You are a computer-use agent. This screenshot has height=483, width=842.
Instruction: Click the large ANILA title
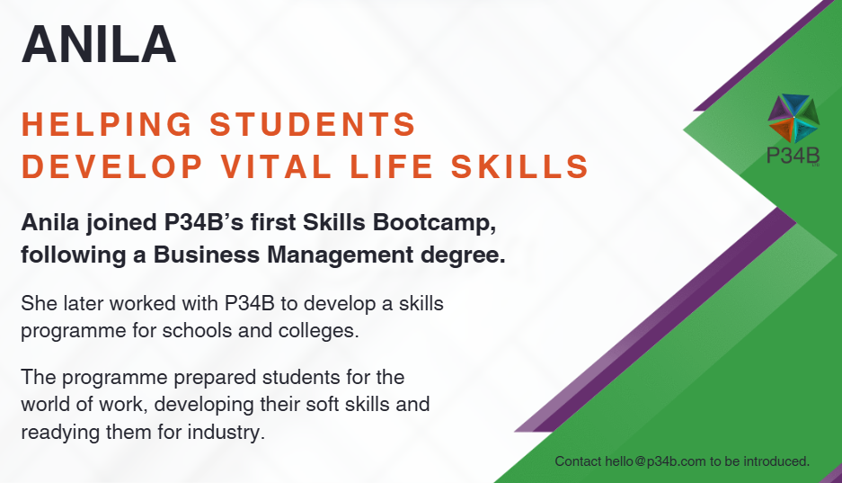(x=99, y=45)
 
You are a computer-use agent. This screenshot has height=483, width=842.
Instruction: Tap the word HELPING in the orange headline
(x=107, y=124)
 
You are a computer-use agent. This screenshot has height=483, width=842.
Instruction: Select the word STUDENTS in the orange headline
(x=313, y=124)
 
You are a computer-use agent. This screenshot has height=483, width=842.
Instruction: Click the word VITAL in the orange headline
(x=277, y=166)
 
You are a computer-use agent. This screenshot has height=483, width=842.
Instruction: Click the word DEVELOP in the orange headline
(x=112, y=166)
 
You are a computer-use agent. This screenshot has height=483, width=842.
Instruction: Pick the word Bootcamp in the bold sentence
(x=434, y=222)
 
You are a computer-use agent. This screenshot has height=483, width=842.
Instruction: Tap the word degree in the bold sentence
(x=463, y=255)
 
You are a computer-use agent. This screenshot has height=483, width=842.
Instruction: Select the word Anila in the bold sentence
(x=50, y=222)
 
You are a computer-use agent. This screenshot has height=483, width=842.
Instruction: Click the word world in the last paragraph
(x=46, y=404)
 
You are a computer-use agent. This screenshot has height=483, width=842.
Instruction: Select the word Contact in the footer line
(x=578, y=461)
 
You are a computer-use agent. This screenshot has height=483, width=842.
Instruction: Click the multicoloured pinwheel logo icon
(x=793, y=119)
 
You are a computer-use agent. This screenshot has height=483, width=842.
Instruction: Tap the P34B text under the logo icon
(x=793, y=156)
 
